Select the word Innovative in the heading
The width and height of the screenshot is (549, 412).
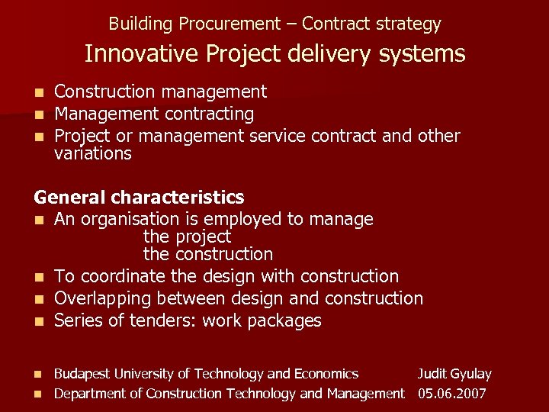point(136,54)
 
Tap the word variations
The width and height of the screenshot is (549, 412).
point(93,153)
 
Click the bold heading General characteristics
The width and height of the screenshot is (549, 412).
point(139,198)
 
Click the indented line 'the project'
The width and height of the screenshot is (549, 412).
point(187,237)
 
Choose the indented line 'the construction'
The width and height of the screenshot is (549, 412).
point(207,254)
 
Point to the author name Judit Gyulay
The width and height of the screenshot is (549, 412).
point(454,374)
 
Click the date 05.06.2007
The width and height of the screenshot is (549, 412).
point(452,394)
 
